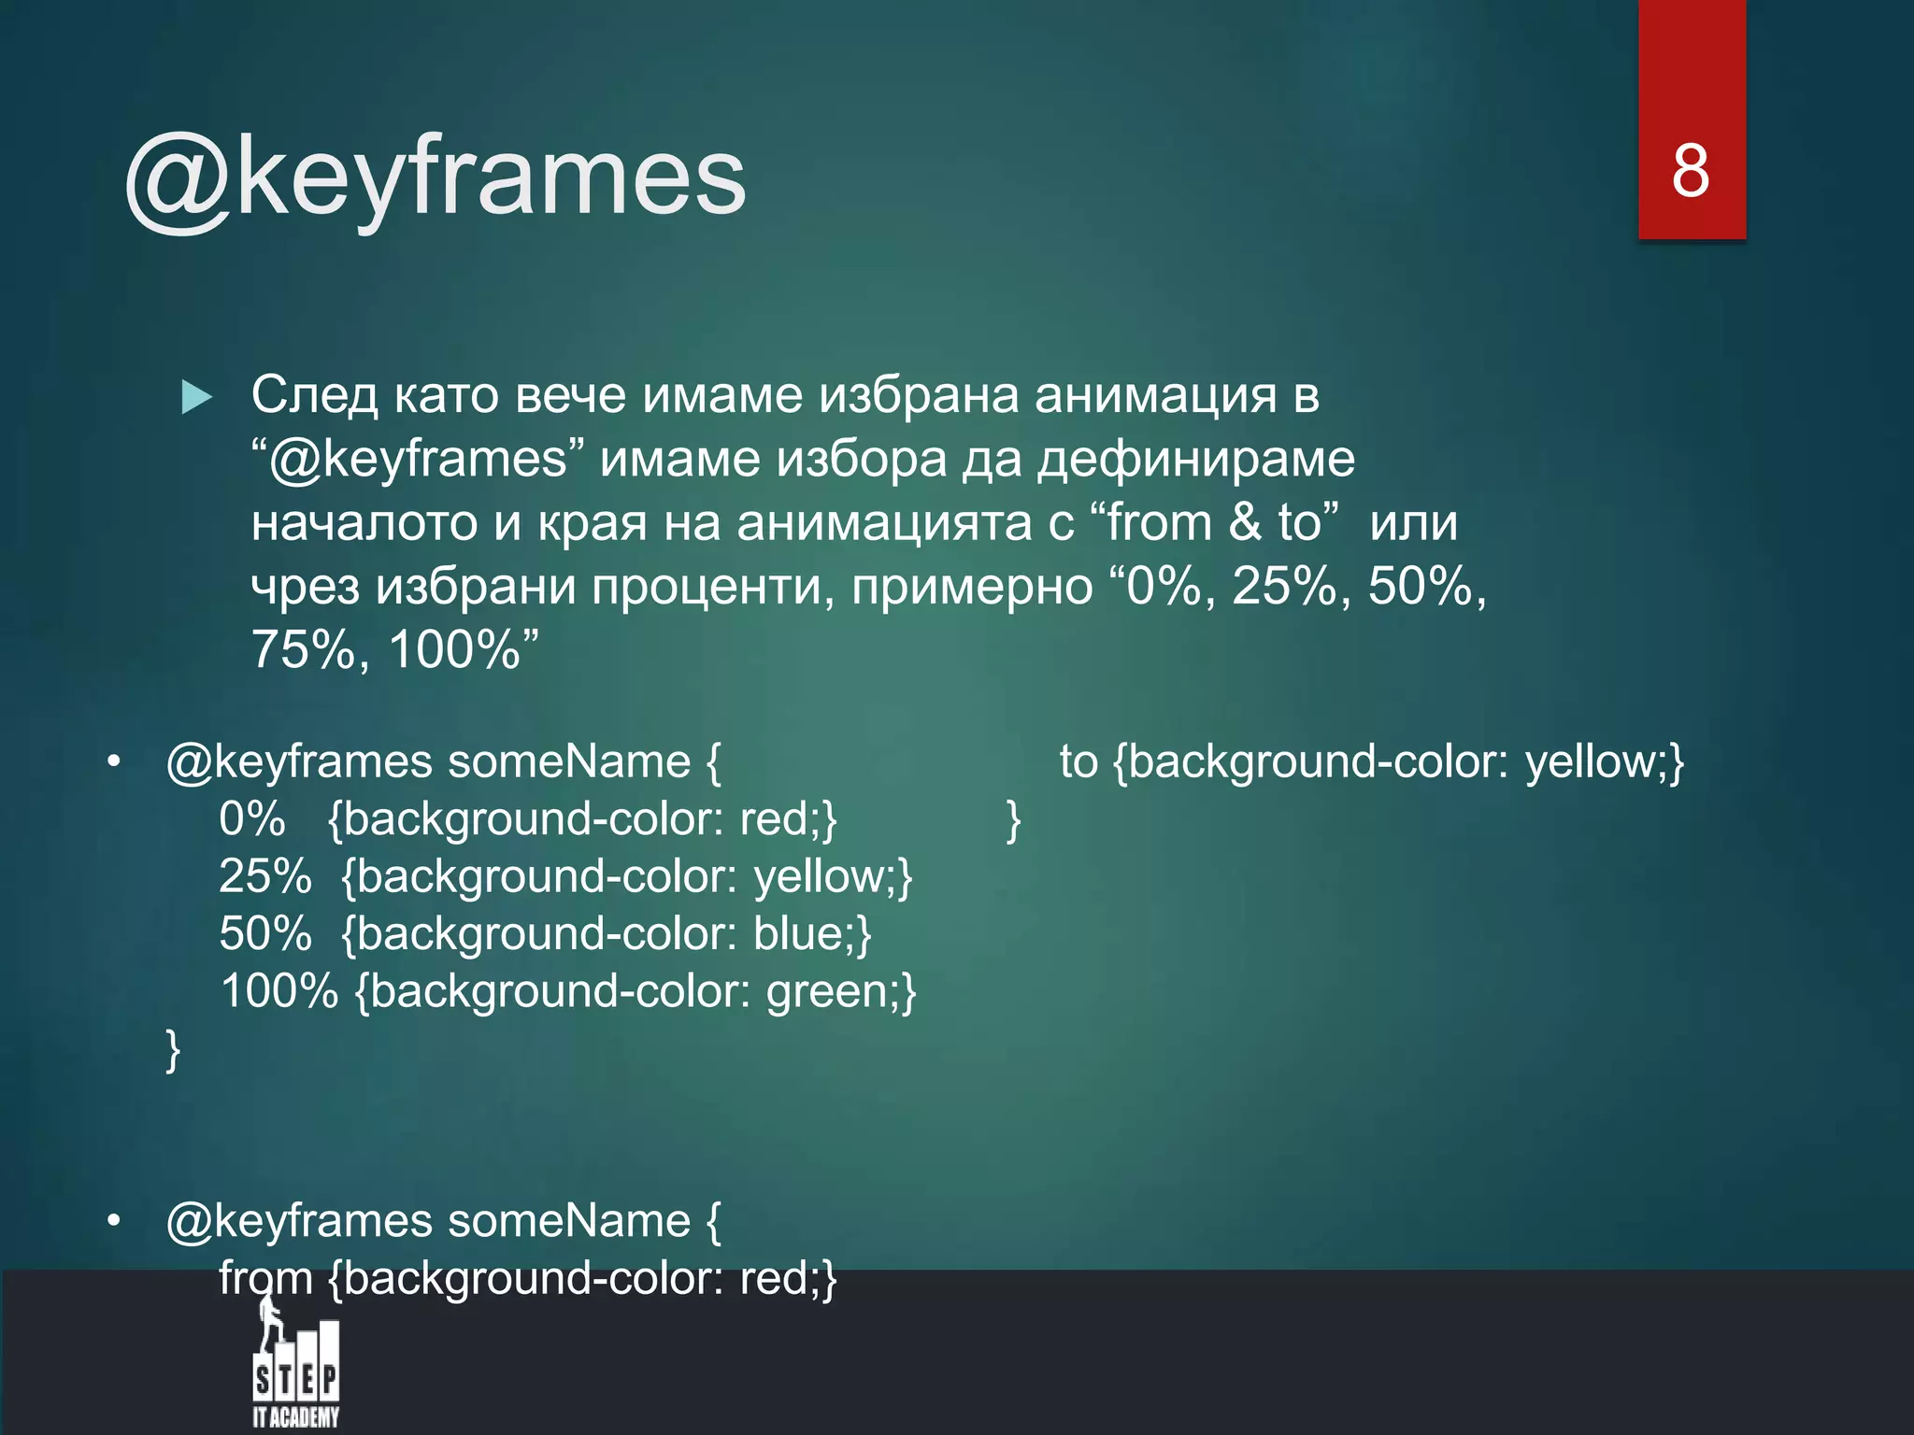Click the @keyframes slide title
pyautogui.click(x=436, y=178)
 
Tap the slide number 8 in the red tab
pyautogui.click(x=1691, y=171)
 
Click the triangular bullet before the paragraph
pyautogui.click(x=196, y=397)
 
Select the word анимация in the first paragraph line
pyautogui.click(x=1154, y=395)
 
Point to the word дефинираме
pyautogui.click(x=1196, y=459)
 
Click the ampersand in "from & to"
pyautogui.click(x=1245, y=522)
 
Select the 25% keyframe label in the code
pyautogui.click(x=265, y=876)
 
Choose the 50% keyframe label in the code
pyautogui.click(x=265, y=933)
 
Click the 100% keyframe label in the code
pyautogui.click(x=279, y=991)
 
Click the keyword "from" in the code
pyautogui.click(x=265, y=1278)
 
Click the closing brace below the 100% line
pyautogui.click(x=173, y=1050)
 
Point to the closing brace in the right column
pyautogui.click(x=1013, y=821)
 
